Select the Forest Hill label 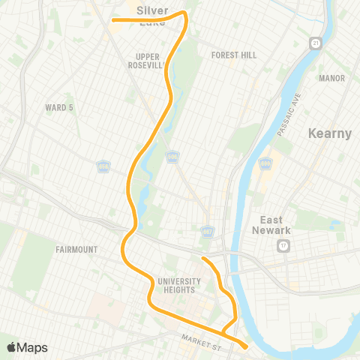tap(234, 55)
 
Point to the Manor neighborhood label tap(331, 78)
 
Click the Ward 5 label tap(60, 107)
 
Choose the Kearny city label tap(330, 133)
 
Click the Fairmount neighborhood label tap(77, 249)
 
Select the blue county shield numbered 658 tap(103, 165)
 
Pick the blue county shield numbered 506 tap(173, 156)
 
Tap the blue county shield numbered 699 tap(265, 163)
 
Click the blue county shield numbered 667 tap(207, 231)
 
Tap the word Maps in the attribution tap(33, 347)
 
